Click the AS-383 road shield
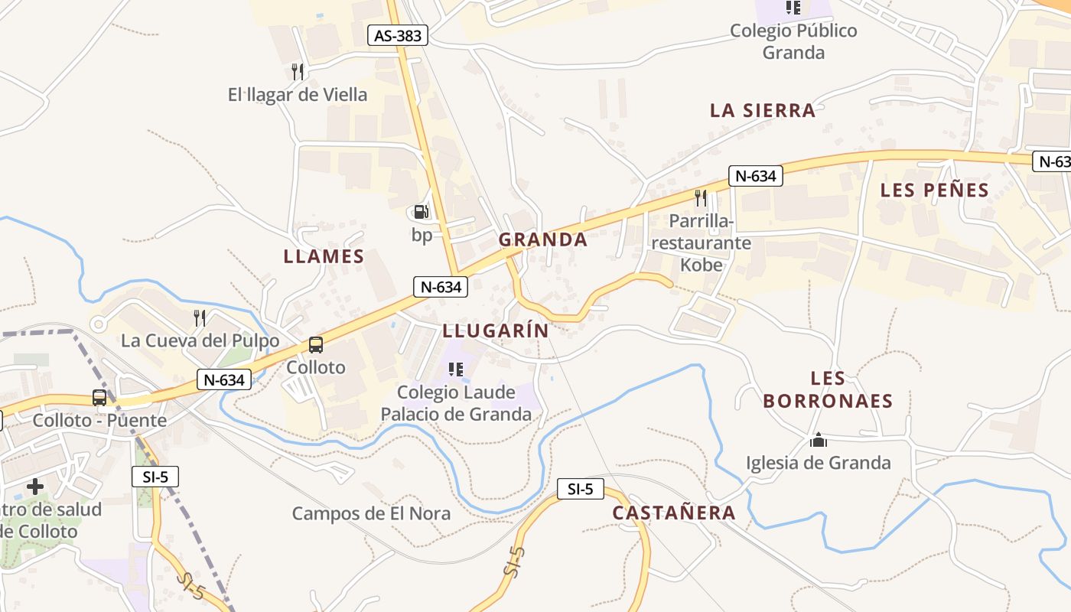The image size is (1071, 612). tap(398, 34)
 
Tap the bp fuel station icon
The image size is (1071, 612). tap(421, 212)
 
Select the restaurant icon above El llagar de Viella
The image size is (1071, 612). tap(298, 72)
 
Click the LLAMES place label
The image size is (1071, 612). tap(324, 256)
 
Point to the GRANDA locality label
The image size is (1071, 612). tap(543, 239)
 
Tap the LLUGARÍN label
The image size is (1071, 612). tap(496, 330)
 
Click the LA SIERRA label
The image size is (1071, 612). tap(763, 110)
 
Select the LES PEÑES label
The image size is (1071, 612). tap(935, 190)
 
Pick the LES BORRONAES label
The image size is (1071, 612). tap(828, 389)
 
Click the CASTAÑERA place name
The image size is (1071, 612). tap(674, 513)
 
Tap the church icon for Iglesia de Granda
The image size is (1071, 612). tap(819, 441)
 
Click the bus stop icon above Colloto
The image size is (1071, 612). tap(316, 345)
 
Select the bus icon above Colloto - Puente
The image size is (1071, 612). tap(99, 398)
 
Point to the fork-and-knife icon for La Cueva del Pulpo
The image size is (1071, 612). tap(200, 317)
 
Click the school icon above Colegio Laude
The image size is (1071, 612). tap(456, 370)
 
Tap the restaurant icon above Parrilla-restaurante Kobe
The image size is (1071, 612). tap(701, 198)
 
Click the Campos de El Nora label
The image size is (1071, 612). tap(371, 513)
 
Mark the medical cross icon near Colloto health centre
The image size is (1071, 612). tap(34, 487)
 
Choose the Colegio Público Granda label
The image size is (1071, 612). tap(793, 41)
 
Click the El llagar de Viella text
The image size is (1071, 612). tap(298, 95)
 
